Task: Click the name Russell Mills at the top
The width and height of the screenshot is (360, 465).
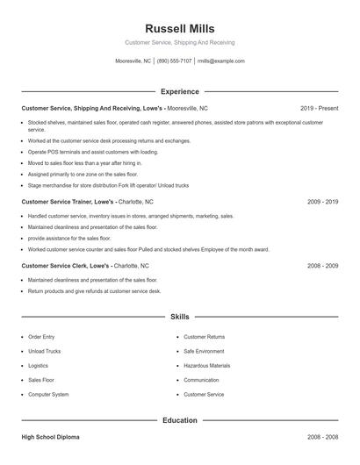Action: [x=179, y=29]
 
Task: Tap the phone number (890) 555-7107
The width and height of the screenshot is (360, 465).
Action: [x=175, y=61]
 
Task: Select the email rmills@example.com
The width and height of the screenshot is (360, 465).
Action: [x=220, y=61]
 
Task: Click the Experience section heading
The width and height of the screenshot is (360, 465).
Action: [x=179, y=91]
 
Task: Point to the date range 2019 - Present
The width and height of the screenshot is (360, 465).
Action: [x=319, y=108]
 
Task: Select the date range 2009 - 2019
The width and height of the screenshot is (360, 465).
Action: [x=322, y=202]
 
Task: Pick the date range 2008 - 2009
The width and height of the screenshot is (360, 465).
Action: [x=322, y=265]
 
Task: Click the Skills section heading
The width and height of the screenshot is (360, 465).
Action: [x=179, y=316]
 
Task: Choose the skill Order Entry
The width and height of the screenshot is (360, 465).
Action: [x=41, y=336]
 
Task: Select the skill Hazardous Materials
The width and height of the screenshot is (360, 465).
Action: [x=206, y=366]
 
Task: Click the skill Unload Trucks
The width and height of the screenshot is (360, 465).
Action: [x=44, y=351]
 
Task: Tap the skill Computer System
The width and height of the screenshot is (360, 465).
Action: [x=48, y=395]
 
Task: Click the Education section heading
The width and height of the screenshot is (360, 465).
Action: [x=179, y=420]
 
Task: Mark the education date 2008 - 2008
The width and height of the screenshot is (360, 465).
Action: [x=322, y=437]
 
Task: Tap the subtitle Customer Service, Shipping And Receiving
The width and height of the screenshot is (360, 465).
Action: [x=179, y=42]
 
